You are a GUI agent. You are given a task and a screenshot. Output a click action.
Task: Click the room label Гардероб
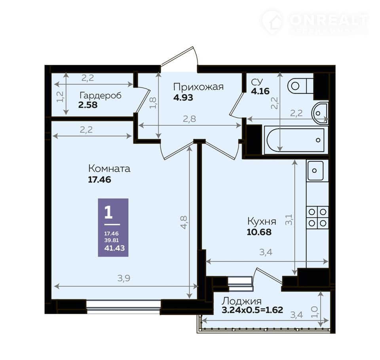100,96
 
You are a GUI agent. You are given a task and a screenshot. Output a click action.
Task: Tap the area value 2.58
88,105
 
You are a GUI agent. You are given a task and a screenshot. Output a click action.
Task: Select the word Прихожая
198,87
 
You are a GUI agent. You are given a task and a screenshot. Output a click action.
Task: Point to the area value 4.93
183,97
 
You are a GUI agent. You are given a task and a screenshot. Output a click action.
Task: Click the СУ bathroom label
256,82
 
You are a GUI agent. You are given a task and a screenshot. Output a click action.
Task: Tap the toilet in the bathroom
300,86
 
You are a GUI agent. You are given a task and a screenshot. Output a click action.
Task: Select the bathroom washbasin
319,113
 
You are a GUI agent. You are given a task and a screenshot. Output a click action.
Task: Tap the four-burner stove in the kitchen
317,217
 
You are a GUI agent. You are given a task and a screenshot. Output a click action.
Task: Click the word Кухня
262,222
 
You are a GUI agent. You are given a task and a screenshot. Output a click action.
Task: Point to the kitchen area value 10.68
259,232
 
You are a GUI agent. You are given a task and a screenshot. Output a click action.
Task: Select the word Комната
109,169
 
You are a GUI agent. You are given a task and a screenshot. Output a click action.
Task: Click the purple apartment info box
113,227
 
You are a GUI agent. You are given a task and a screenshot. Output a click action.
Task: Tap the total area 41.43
114,248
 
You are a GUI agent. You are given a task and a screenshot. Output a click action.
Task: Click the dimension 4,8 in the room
184,222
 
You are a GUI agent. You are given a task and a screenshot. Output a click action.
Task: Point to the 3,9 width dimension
124,279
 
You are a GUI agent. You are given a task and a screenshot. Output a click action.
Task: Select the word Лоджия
241,301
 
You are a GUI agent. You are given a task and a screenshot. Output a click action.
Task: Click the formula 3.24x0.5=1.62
252,310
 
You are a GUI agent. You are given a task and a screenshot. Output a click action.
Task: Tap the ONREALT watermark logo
315,22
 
